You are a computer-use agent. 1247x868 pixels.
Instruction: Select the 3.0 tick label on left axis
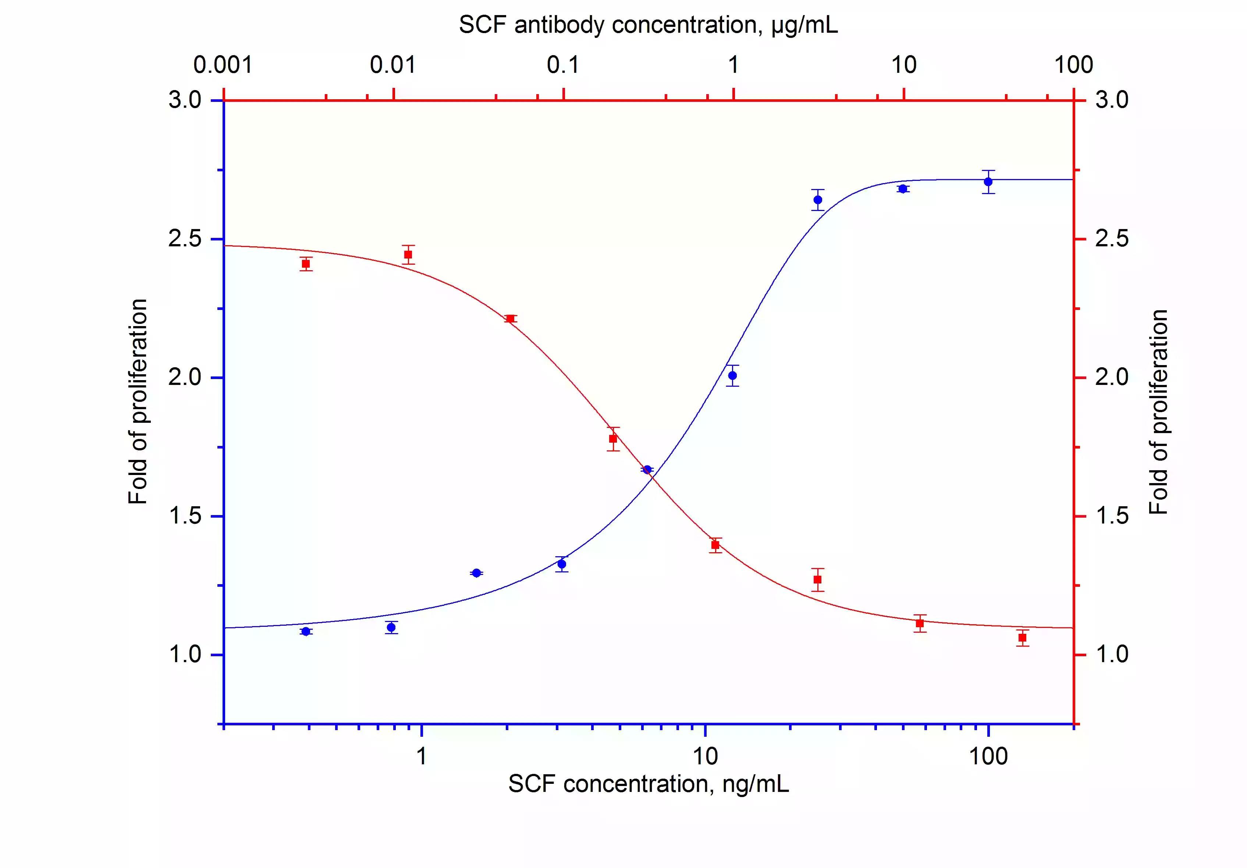coord(185,100)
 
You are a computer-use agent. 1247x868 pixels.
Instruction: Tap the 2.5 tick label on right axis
coord(1111,239)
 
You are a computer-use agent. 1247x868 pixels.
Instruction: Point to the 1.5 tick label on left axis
coord(185,516)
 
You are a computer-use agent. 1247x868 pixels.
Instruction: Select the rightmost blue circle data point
coord(988,182)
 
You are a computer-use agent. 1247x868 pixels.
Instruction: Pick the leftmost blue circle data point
coord(306,631)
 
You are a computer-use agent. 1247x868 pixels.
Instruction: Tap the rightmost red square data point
coord(1022,637)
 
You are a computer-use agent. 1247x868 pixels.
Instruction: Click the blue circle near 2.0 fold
coord(732,375)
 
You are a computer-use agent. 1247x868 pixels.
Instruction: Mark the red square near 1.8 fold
coord(613,439)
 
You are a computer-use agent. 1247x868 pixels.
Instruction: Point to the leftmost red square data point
coord(306,264)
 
